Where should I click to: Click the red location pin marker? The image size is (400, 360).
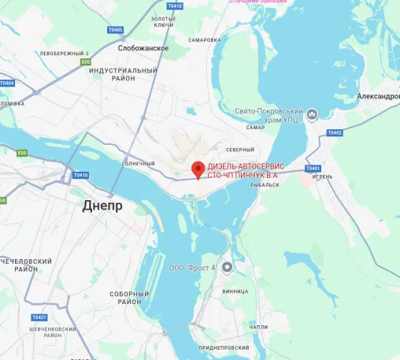(198, 169)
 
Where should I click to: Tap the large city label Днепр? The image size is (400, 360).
(102, 206)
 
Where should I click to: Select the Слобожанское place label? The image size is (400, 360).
(143, 48)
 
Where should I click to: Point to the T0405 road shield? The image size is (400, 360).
(115, 30)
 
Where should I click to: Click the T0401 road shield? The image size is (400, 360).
(313, 168)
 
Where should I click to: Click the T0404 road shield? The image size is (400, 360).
(6, 83)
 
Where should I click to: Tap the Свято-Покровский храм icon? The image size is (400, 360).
(313, 115)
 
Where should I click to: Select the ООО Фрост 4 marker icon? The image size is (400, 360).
(228, 267)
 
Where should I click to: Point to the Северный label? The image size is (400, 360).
(240, 150)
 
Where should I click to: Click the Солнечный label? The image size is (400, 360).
(139, 163)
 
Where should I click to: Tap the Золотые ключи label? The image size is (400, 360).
(163, 21)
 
